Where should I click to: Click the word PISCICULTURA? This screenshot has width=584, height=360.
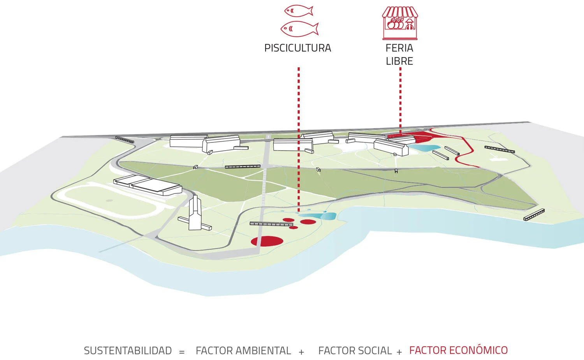pyautogui.click(x=297, y=48)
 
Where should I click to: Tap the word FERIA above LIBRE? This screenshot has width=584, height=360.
pyautogui.click(x=399, y=48)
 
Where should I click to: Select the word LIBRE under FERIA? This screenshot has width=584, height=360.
pyautogui.click(x=399, y=61)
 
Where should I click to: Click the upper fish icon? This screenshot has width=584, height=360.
pyautogui.click(x=299, y=11)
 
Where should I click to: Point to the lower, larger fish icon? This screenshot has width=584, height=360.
pyautogui.click(x=299, y=29)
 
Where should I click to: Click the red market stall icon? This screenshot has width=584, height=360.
pyautogui.click(x=400, y=23)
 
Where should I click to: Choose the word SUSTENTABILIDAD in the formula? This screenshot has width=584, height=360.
pyautogui.click(x=128, y=351)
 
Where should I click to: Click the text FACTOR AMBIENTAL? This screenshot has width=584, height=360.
pyautogui.click(x=243, y=351)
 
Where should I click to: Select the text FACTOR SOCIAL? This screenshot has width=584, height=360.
pyautogui.click(x=355, y=351)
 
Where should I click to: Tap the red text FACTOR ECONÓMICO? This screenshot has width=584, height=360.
pyautogui.click(x=458, y=350)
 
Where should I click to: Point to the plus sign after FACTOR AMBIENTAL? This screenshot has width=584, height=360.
pyautogui.click(x=301, y=352)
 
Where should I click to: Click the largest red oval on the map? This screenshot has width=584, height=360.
pyautogui.click(x=267, y=241)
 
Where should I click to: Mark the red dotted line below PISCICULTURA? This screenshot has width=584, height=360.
pyautogui.click(x=299, y=136)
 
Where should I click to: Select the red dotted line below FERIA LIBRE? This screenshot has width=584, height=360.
pyautogui.click(x=400, y=97)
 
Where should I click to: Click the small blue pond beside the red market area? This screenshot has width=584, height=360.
pyautogui.click(x=424, y=148)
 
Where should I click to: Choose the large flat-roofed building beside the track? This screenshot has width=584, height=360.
pyautogui.click(x=148, y=184)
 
